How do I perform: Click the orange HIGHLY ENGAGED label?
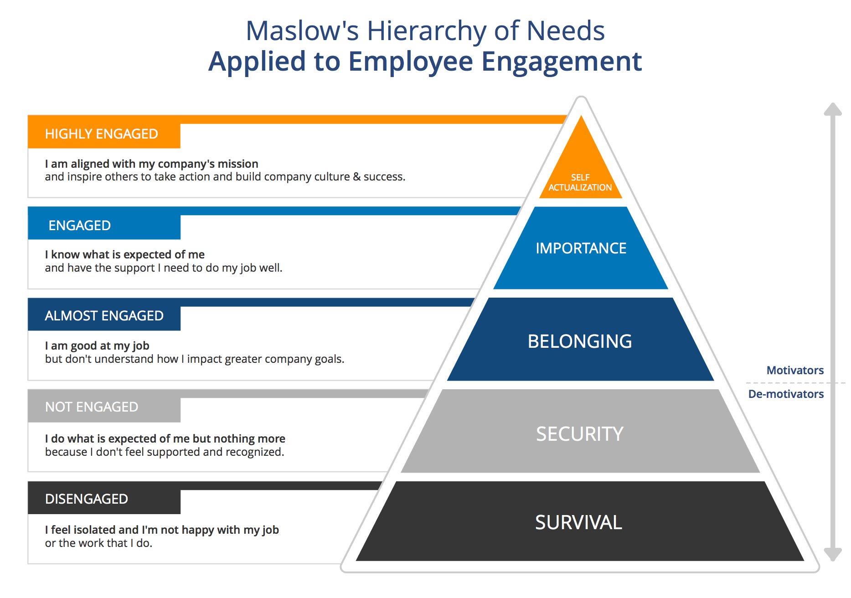pyautogui.click(x=102, y=134)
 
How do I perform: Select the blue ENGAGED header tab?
pyautogui.click(x=80, y=226)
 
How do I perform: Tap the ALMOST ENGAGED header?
pyautogui.click(x=104, y=316)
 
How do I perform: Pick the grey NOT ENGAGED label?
pyautogui.click(x=92, y=407)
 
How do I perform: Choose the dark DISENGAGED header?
pyautogui.click(x=87, y=499)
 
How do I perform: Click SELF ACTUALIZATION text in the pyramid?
pyautogui.click(x=580, y=183)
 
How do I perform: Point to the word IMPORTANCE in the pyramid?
pyautogui.click(x=581, y=248)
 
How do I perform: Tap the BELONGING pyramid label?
pyautogui.click(x=580, y=341)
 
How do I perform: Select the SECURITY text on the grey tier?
pyautogui.click(x=579, y=434)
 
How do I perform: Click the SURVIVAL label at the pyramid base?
pyautogui.click(x=578, y=522)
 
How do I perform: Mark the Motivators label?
pyautogui.click(x=795, y=371)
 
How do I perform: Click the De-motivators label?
pyautogui.click(x=786, y=394)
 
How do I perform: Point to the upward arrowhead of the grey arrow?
pyautogui.click(x=833, y=109)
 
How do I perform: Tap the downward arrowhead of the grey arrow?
pyautogui.click(x=833, y=554)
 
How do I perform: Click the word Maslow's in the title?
pyautogui.click(x=302, y=31)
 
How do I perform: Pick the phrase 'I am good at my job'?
pyautogui.click(x=97, y=346)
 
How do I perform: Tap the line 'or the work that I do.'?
pyautogui.click(x=98, y=543)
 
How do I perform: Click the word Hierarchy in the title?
pyautogui.click(x=427, y=31)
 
